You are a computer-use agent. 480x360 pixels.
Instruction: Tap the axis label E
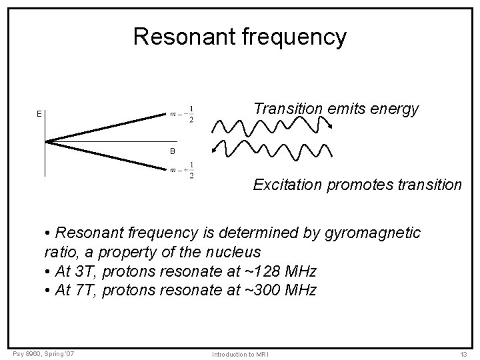(39, 114)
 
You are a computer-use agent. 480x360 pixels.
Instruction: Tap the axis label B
(172, 152)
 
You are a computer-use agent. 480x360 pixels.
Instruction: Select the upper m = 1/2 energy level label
(181, 114)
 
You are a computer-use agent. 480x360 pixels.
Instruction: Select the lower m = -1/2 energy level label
(181, 170)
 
